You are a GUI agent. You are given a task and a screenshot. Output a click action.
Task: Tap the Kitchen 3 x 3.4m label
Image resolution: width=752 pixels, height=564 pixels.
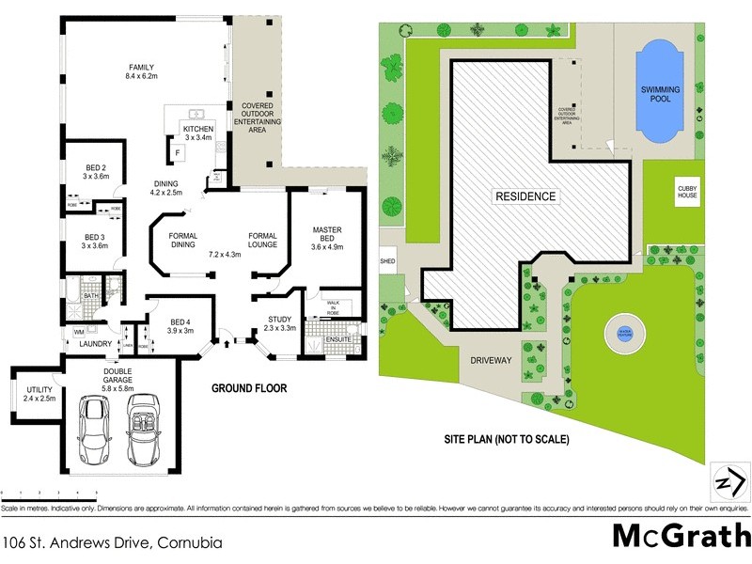coord(198,133)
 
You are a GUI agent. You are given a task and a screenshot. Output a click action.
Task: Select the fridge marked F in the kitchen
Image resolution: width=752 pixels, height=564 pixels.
coord(177,151)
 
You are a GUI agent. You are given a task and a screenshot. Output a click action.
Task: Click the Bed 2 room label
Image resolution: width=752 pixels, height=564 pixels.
coord(96,170)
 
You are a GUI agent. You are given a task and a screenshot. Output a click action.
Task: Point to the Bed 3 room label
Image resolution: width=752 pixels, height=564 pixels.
coord(96,241)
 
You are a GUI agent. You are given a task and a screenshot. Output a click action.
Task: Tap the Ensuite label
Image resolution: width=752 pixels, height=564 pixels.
coord(338,338)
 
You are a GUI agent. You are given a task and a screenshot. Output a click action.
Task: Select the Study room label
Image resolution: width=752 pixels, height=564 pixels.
coord(279,323)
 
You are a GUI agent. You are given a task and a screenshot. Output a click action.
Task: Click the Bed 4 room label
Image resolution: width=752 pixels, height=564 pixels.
coord(180,325)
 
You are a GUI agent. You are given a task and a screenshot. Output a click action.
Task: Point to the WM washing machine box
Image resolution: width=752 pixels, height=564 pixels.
coord(78,331)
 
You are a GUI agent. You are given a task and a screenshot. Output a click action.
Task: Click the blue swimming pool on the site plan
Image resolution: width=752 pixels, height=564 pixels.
coord(662,92)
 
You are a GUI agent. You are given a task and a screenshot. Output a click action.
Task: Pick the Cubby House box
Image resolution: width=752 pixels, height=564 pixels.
coord(688,193)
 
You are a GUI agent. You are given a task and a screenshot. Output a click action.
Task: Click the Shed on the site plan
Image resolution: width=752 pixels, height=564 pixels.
coord(386,262)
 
